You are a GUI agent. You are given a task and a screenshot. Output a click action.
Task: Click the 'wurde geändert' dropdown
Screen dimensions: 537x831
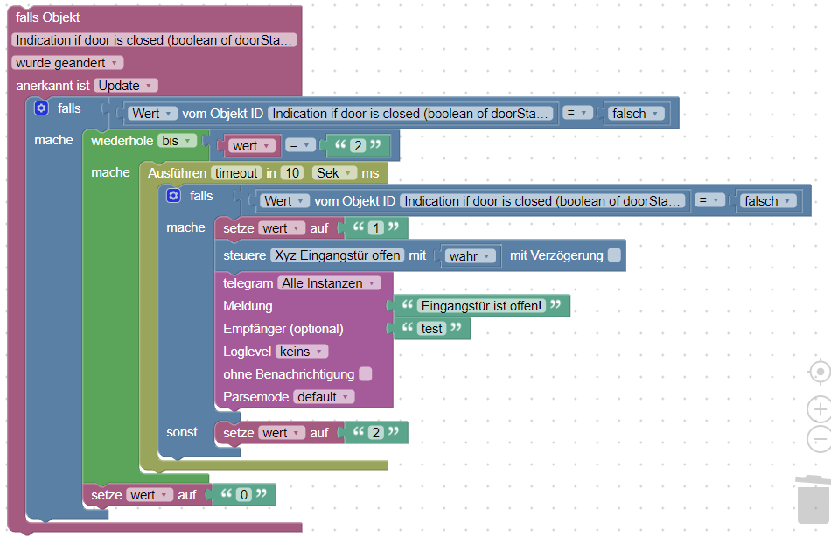68,63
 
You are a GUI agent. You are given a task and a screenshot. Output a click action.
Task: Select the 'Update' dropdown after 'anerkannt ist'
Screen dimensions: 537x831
125,86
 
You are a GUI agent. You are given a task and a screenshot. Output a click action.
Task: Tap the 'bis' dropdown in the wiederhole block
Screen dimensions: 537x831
177,141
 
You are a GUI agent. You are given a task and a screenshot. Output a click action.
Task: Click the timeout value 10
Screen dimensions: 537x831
293,173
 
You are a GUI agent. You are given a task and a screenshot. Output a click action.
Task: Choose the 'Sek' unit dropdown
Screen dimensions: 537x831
336,173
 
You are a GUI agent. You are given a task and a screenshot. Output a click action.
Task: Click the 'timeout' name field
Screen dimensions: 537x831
235,173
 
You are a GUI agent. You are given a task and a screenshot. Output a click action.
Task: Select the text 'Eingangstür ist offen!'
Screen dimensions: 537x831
481,306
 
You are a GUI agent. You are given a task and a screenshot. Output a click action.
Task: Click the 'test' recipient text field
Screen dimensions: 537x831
432,329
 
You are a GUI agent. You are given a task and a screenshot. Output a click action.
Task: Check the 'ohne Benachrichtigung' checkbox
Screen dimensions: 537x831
366,374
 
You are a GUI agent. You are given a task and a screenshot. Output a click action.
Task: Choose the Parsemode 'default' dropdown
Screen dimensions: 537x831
323,397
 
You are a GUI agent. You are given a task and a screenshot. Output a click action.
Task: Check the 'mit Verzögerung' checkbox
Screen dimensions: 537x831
615,255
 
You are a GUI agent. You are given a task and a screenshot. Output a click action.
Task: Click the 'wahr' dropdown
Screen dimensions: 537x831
471,256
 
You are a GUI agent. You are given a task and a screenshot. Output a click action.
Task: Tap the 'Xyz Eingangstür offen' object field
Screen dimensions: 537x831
337,255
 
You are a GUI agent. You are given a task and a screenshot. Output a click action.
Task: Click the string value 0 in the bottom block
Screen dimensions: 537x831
244,495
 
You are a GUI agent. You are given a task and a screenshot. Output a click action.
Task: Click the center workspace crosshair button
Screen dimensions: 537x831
819,372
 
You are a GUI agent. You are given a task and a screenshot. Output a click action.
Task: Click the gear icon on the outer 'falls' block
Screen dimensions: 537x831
41,108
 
